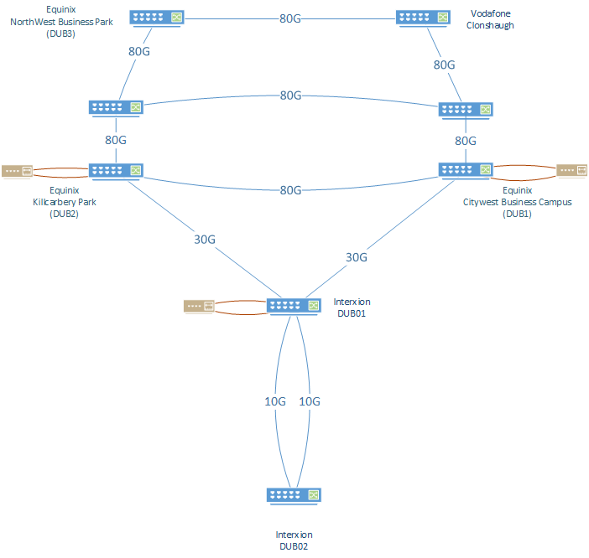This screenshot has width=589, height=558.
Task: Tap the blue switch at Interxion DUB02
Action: pos(294,495)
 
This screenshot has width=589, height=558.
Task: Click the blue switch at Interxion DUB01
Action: pos(294,306)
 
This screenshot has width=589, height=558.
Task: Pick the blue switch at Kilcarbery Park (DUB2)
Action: pos(116,170)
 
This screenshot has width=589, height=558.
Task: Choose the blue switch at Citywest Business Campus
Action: pos(466,170)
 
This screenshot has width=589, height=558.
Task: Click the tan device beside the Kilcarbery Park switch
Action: pos(17,171)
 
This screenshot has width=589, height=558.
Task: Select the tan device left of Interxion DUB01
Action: pos(199,307)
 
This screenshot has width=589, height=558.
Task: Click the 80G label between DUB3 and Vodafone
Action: pos(290,18)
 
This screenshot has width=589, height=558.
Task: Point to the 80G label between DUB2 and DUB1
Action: pos(290,190)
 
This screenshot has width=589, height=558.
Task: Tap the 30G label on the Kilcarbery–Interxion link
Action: pos(205,239)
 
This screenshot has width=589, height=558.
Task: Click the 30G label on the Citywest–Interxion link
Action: pos(357,257)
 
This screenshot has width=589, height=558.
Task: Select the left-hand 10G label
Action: pos(275,401)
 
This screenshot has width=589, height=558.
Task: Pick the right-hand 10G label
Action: pos(310,401)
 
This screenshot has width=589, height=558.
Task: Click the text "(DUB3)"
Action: pos(62,34)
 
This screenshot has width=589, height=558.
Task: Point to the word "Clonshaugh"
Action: pos(491,26)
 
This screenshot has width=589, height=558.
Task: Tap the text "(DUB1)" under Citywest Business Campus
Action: pos(517,214)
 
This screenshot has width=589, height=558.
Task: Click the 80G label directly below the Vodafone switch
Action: pos(444,65)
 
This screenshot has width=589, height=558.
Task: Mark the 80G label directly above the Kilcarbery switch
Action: pos(116,140)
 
